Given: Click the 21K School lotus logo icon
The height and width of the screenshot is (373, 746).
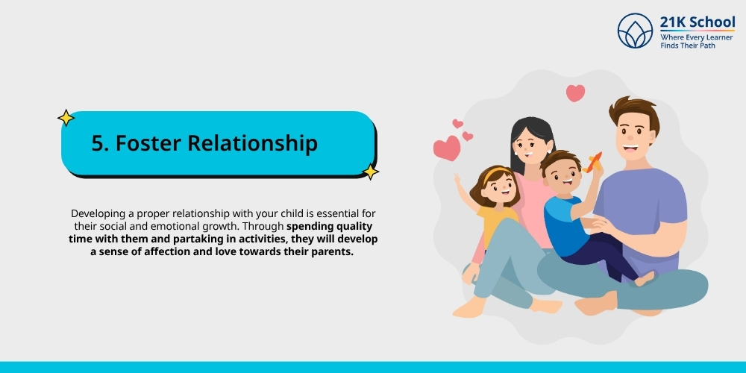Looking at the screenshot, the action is (x=635, y=31).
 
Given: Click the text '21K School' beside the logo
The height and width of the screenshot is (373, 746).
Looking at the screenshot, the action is (x=697, y=22).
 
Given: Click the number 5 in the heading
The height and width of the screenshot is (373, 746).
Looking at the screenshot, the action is (x=98, y=143).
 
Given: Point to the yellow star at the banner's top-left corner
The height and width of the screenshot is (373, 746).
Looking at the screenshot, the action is (x=66, y=118).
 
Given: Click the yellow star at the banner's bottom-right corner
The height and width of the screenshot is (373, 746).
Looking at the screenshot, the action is (x=370, y=172).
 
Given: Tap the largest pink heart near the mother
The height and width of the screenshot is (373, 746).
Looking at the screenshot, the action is (x=447, y=148).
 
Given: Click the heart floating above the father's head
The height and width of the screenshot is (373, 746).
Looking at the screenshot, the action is (x=575, y=93).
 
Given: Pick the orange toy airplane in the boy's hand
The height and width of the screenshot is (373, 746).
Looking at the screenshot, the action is (x=593, y=163).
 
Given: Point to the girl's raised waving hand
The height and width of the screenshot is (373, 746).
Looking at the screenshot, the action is (x=458, y=179).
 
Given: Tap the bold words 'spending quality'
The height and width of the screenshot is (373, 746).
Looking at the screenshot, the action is (x=329, y=225).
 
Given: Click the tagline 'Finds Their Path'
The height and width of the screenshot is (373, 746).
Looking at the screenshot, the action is (x=688, y=46).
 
